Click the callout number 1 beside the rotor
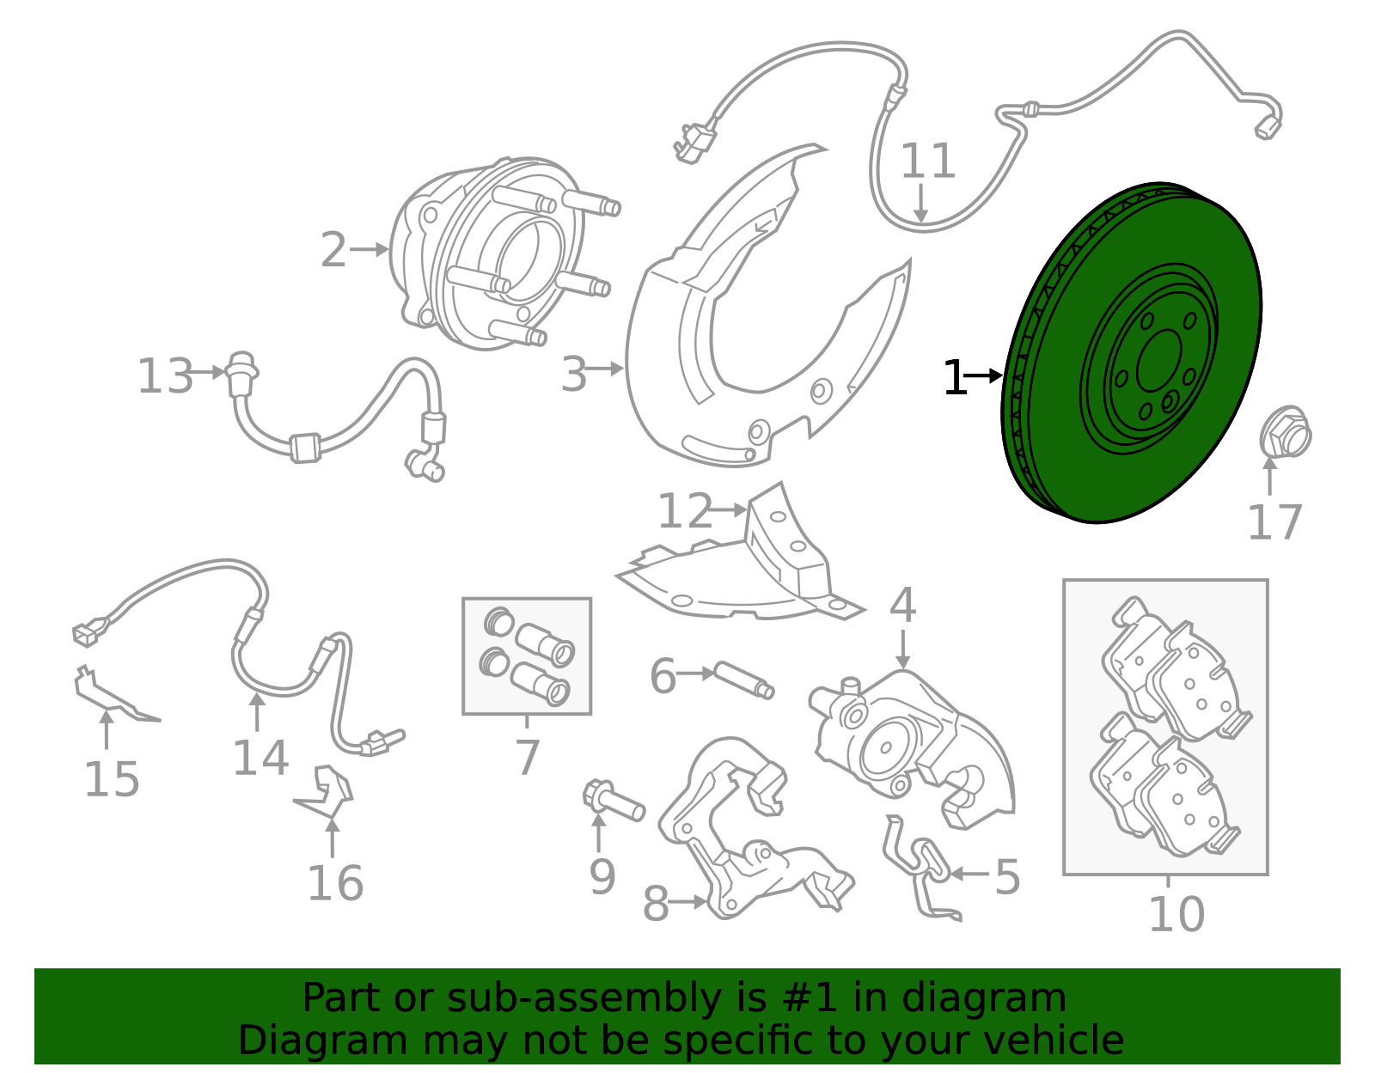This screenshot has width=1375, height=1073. (x=954, y=378)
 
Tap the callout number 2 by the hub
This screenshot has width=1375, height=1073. (x=333, y=251)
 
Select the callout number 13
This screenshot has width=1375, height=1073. (x=165, y=376)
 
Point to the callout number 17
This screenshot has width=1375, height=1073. (x=1274, y=521)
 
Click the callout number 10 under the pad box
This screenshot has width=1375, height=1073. (x=1176, y=913)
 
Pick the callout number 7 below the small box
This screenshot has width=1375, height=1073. (x=527, y=757)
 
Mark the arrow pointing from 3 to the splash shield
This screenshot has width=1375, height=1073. (x=607, y=369)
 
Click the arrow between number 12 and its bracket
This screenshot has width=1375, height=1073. (x=730, y=509)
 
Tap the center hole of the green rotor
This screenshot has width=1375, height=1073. (x=1158, y=362)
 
